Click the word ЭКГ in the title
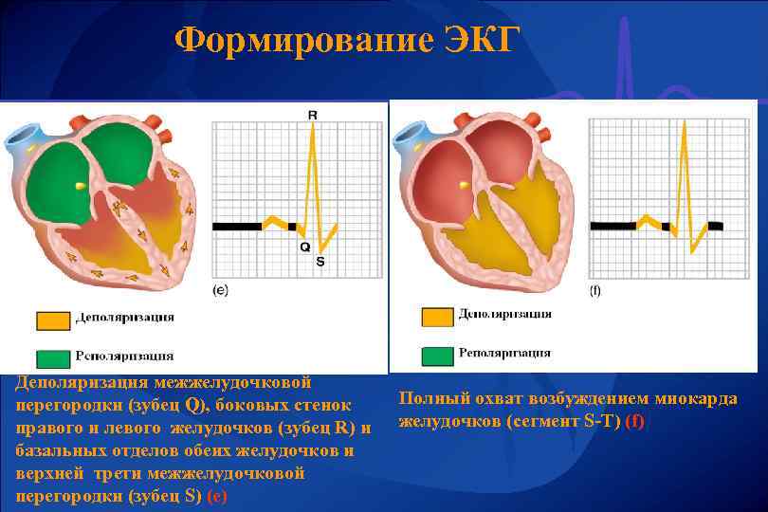(481, 41)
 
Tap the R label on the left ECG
(313, 115)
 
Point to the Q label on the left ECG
(303, 247)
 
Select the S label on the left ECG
(320, 261)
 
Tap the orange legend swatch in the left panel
(54, 320)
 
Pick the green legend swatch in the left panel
(54, 357)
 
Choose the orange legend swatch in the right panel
(437, 317)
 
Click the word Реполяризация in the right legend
(504, 354)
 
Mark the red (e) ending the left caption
(217, 495)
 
